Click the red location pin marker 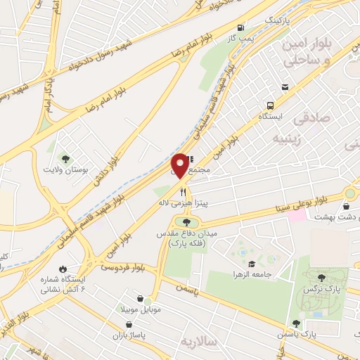coord(180,165)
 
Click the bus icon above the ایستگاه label coord(285,87)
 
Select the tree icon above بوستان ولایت coord(65,159)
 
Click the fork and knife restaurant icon coord(184,191)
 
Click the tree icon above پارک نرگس coord(321,278)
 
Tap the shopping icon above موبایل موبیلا coord(139,299)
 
